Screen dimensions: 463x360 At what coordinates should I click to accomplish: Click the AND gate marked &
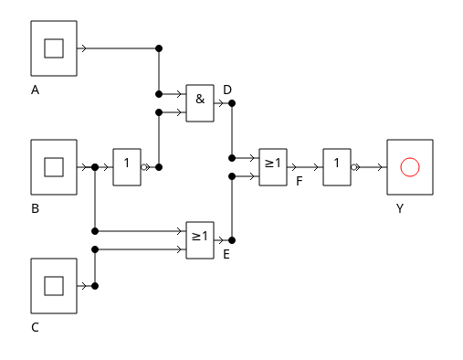[200, 103]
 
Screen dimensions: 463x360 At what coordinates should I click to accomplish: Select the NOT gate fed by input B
[127, 167]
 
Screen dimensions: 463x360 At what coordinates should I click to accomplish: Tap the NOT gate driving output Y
[337, 167]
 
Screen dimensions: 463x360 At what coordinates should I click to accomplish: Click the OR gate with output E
[200, 240]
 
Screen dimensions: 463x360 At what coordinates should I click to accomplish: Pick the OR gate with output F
[273, 167]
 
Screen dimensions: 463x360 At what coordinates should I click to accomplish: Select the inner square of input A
[54, 48]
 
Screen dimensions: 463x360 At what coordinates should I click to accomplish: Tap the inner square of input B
[54, 167]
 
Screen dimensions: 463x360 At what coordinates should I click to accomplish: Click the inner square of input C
[54, 286]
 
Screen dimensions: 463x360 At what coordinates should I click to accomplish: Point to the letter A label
[35, 90]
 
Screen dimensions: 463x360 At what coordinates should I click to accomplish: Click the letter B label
[35, 208]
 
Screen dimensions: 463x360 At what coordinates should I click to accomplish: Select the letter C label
[35, 327]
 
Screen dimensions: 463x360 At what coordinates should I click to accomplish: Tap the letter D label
[227, 90]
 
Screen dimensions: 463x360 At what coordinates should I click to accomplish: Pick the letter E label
[226, 254]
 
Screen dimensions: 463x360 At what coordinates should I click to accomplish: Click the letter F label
[300, 181]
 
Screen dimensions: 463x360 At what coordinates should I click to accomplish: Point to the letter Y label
[400, 208]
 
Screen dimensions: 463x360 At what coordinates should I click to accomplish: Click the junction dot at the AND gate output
[232, 103]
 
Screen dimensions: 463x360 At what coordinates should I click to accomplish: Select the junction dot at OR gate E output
[232, 240]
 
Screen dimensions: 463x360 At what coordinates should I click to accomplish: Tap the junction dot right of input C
[95, 286]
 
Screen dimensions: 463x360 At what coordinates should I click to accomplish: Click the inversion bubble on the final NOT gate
[353, 167]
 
